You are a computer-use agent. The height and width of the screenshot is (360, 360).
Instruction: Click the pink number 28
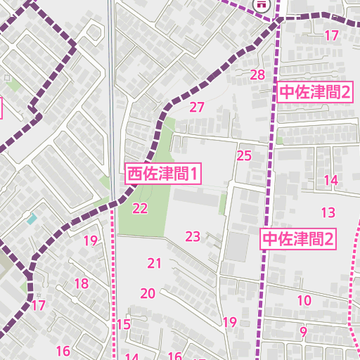coord(257,75)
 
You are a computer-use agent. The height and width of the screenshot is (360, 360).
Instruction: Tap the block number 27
coord(197,108)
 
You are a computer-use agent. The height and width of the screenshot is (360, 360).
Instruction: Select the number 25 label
coord(244,155)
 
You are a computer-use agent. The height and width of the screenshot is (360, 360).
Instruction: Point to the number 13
coord(328,212)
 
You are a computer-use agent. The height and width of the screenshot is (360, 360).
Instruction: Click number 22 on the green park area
coord(140,208)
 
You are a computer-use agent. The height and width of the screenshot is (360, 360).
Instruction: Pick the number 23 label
coord(193,236)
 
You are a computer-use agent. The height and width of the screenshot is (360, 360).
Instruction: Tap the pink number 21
coord(155,264)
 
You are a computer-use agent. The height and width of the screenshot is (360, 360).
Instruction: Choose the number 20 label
coord(148,293)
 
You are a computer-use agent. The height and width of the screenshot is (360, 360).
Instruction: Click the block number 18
coord(82,284)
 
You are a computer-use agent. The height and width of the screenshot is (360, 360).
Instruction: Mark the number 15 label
coord(124,324)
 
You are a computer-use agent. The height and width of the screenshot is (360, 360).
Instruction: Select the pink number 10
coord(304,301)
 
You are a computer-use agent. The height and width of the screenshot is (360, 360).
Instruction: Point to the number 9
coord(304,332)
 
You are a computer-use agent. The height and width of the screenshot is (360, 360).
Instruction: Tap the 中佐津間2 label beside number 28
coord(315,92)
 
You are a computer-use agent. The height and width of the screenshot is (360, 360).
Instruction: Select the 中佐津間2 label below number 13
coord(298,239)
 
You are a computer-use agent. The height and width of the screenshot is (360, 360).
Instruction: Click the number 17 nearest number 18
coord(38,306)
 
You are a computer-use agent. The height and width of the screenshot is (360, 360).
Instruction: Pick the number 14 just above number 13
coord(331,180)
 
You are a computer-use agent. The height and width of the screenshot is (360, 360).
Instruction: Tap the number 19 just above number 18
coord(90,241)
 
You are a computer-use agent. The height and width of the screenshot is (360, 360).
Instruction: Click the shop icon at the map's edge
coord(262,4)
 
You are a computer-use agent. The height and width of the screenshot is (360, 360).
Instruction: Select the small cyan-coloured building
coord(32,219)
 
